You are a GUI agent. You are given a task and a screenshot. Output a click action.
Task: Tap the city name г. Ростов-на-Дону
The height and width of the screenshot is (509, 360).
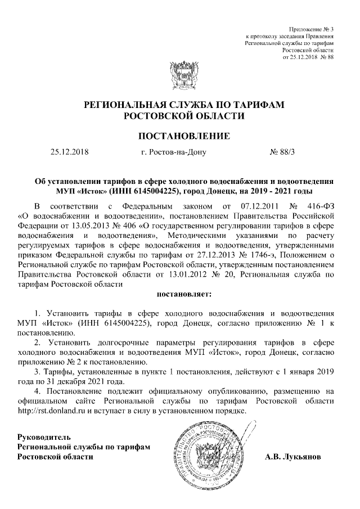(x=174, y=152)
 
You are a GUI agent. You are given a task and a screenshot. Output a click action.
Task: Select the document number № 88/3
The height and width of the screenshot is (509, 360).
(x=283, y=152)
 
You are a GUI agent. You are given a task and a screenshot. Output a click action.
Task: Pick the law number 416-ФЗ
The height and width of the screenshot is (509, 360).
(x=319, y=205)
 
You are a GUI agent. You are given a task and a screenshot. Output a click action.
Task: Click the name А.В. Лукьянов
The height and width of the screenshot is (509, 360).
(x=294, y=456)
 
